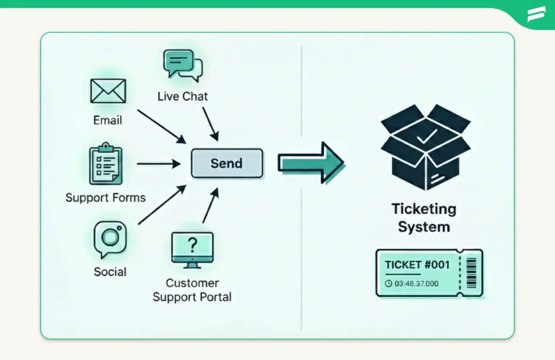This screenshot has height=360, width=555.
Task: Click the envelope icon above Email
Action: [x=108, y=91]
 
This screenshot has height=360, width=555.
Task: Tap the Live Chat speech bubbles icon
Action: [x=182, y=65]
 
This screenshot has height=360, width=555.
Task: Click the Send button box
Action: [x=227, y=163]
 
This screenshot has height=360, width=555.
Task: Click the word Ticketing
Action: [x=424, y=209]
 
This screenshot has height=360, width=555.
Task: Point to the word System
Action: [x=424, y=227]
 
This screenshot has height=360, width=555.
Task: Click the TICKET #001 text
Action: [x=417, y=265]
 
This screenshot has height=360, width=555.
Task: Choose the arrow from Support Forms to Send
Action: [x=158, y=163]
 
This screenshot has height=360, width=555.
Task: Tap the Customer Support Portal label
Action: [x=192, y=290]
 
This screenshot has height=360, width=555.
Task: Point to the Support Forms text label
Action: [x=106, y=197]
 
